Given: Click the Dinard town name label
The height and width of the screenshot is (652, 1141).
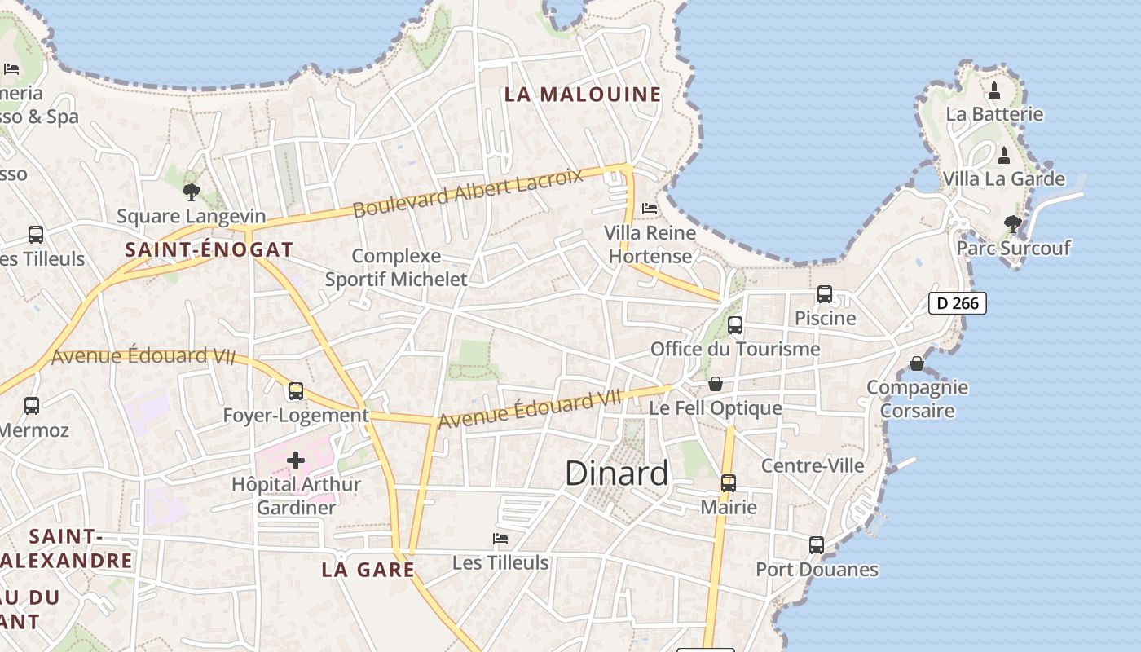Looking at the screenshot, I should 616,474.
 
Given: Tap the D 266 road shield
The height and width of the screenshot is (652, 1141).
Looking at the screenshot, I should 958,303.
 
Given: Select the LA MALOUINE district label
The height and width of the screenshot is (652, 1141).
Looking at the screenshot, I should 583,95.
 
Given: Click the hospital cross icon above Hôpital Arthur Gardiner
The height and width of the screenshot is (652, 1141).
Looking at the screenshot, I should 296,461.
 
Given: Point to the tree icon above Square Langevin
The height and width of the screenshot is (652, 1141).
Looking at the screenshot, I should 192,192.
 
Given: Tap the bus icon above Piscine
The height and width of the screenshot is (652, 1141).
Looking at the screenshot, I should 825,294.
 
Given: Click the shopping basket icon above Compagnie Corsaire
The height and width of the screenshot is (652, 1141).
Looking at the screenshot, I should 917,363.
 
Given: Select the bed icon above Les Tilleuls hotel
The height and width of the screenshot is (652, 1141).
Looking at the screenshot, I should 500,539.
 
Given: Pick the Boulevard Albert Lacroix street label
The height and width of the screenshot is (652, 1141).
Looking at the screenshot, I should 468,194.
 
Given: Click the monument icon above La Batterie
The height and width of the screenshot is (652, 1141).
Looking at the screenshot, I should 994,90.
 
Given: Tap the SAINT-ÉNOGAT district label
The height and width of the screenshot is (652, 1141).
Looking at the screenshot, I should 209,250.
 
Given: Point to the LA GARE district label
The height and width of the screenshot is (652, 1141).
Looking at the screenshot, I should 368,570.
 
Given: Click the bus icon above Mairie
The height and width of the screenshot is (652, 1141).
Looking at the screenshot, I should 729,483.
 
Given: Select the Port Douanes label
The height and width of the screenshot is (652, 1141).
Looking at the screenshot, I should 817,570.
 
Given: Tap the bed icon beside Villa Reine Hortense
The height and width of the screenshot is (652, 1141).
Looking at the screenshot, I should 650,209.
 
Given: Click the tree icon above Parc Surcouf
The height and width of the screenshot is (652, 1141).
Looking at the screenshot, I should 1013,223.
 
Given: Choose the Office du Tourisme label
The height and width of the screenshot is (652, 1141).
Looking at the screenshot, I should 735,350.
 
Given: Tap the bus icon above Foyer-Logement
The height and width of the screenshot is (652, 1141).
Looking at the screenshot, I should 296,391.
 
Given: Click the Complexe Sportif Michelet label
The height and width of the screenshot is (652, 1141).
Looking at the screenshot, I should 396,268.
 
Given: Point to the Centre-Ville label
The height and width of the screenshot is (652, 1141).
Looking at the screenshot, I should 813,465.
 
